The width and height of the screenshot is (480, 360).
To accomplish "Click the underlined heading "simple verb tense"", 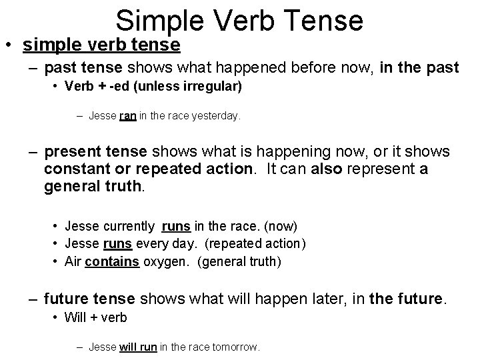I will point(101,45).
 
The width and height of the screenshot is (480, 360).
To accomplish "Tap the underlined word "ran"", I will point(128,116).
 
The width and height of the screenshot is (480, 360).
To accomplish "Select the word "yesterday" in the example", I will point(217,116).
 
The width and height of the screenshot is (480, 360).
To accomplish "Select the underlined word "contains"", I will point(112,261).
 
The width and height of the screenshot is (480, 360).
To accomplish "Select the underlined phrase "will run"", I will point(138,347).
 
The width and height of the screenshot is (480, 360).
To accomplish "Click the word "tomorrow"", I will point(236,347).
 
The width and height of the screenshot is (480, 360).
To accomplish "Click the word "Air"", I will point(73,261).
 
